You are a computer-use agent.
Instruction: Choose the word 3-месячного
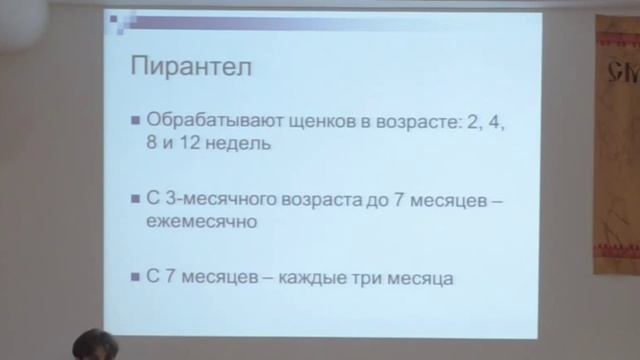click(x=214, y=200)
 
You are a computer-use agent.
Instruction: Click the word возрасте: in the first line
click(x=397, y=121)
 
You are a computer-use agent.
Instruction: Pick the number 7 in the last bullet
click(x=170, y=278)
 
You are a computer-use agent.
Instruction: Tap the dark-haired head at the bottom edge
click(x=95, y=346)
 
